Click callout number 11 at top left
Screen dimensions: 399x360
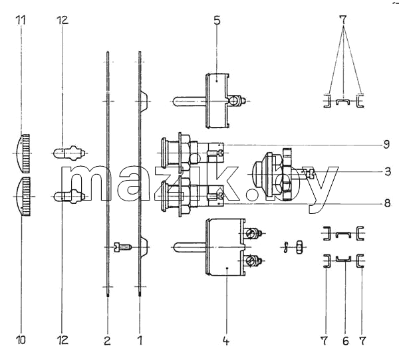[21, 20]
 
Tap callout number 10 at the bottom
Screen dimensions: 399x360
[21, 339]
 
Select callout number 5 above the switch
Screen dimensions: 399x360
[217, 21]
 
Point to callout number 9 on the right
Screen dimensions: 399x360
[386, 145]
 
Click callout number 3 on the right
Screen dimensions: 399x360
[387, 171]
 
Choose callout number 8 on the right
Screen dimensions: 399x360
[387, 203]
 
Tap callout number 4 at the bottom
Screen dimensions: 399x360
[225, 341]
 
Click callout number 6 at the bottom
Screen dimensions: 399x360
[345, 341]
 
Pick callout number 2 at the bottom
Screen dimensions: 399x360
[107, 340]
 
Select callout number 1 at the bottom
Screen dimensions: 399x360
[140, 340]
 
